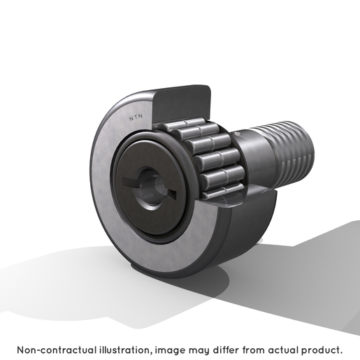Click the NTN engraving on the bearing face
pos(136,118)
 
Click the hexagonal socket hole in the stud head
pos(148,186)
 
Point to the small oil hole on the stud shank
pos(237,134)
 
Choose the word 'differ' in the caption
pos(226,350)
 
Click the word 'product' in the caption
pos(320,350)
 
